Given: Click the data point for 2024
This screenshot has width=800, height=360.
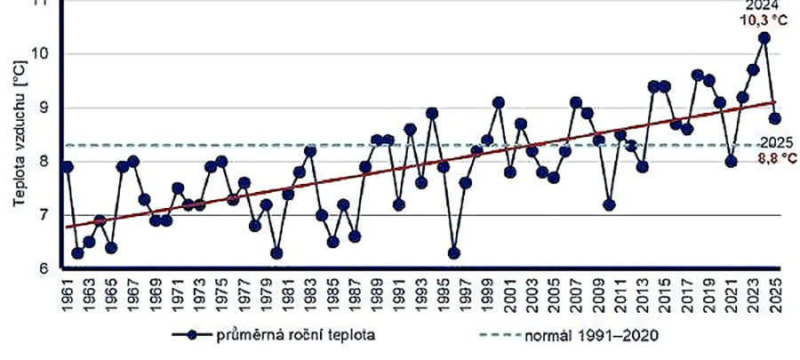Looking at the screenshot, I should tap(764, 38).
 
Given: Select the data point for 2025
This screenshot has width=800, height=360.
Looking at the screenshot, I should tap(775, 118).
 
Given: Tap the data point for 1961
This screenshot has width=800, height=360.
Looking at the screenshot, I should tap(67, 166).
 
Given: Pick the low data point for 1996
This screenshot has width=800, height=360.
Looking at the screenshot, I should tap(454, 253).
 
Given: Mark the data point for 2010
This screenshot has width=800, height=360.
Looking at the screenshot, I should tap(609, 204).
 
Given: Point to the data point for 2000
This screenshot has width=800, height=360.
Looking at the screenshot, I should tap(499, 102).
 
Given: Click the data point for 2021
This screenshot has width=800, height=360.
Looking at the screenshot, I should tap(731, 161).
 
